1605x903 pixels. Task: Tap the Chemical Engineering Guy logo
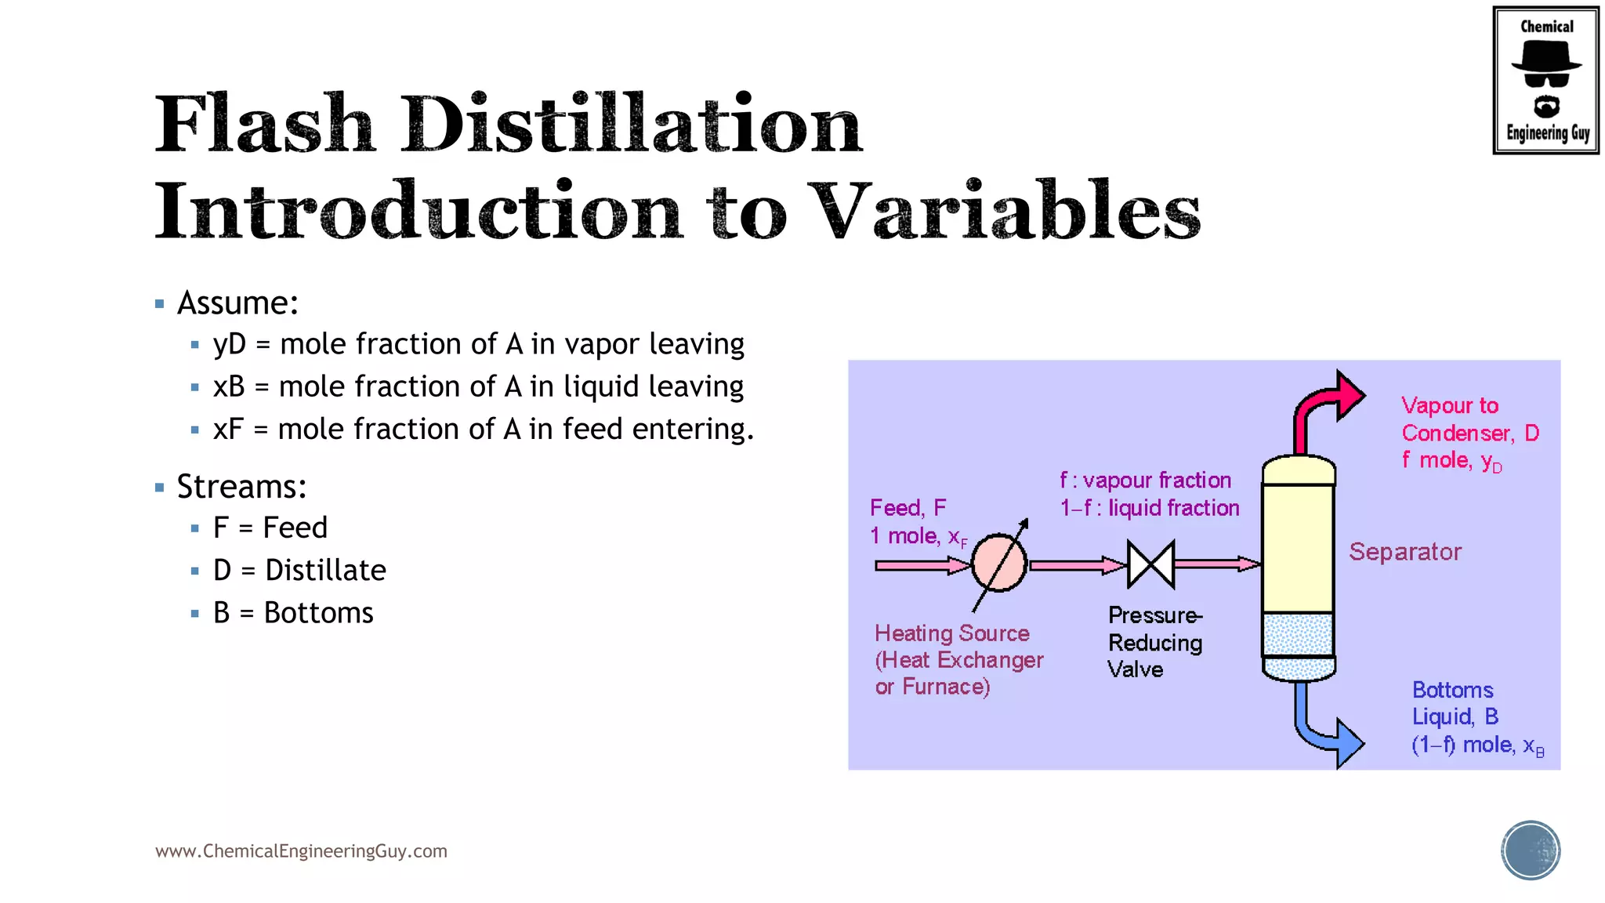coord(1545,80)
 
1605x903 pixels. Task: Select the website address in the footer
coord(301,851)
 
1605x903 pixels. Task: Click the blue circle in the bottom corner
coord(1530,850)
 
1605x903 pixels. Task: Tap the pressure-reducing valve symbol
coord(1150,564)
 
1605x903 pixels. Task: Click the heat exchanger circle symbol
coord(999,563)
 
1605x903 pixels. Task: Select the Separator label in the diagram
coord(1405,552)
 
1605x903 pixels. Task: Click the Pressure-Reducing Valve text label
coord(1154,642)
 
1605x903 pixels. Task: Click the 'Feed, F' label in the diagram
coord(908,508)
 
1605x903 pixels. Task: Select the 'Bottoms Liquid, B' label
coord(1455,703)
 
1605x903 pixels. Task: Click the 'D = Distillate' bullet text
coord(299,571)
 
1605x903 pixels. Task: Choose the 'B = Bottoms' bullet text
coord(293,613)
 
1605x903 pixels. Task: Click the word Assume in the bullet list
coord(237,303)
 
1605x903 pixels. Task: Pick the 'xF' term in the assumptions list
coord(228,430)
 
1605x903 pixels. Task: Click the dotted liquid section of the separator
coord(1298,635)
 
